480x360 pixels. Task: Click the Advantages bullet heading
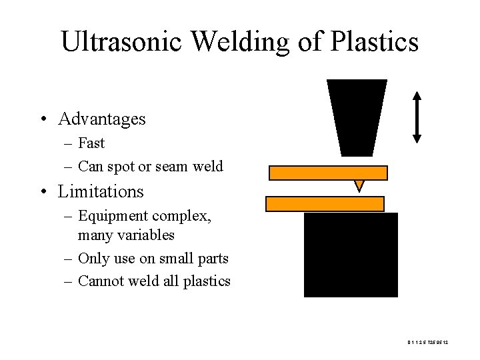[x=101, y=119]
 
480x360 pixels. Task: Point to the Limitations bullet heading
[x=101, y=192]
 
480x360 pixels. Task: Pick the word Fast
[x=91, y=143]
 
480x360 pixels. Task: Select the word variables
[x=145, y=235]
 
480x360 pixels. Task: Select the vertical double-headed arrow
[x=417, y=117]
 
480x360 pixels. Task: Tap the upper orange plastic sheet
[x=328, y=173]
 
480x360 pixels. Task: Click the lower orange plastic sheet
[x=325, y=203]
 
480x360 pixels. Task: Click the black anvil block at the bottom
[x=351, y=255]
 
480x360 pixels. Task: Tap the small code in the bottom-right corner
[x=427, y=343]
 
